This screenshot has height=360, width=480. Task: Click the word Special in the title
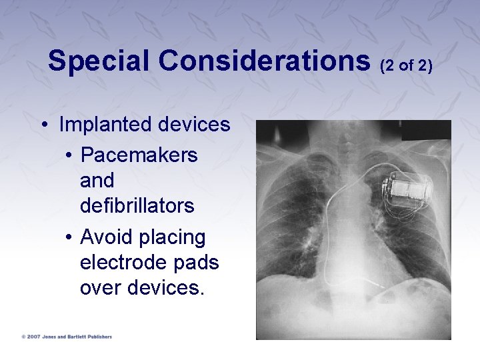[x=100, y=61]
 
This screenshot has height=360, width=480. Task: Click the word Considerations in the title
[x=265, y=61]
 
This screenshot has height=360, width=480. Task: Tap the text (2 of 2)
[x=407, y=65]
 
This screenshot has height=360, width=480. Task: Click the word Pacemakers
[x=139, y=155]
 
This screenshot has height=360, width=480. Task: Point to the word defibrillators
[x=137, y=206]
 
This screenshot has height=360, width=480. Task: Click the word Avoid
[x=105, y=237]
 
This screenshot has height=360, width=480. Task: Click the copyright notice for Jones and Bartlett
[x=67, y=337]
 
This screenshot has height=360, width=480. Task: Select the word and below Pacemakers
[x=97, y=181]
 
